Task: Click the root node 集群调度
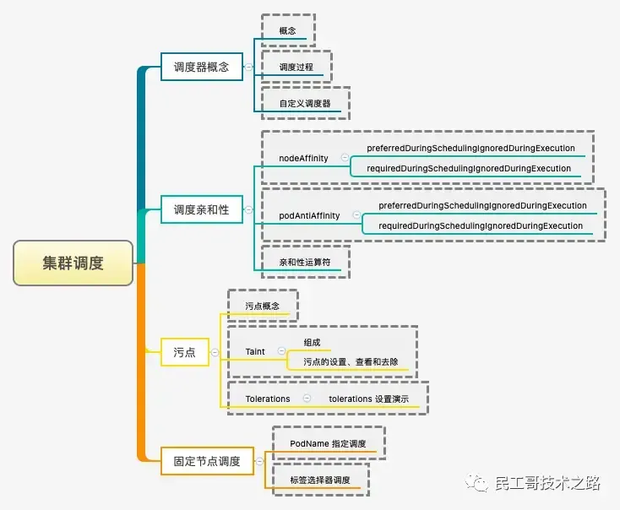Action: click(73, 263)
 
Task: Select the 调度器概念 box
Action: click(201, 66)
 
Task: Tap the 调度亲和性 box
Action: click(201, 209)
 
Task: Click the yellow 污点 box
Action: click(184, 352)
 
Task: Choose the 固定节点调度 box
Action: click(207, 461)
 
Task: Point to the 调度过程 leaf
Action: click(296, 67)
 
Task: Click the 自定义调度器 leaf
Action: click(305, 104)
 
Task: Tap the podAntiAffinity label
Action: click(309, 215)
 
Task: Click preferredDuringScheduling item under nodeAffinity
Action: click(470, 149)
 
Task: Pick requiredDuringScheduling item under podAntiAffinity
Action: click(481, 225)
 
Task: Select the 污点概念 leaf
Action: click(262, 306)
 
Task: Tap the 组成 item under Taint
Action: click(313, 342)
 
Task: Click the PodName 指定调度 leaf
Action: click(329, 442)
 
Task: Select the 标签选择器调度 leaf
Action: click(319, 480)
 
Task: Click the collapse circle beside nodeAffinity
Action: click(345, 158)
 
